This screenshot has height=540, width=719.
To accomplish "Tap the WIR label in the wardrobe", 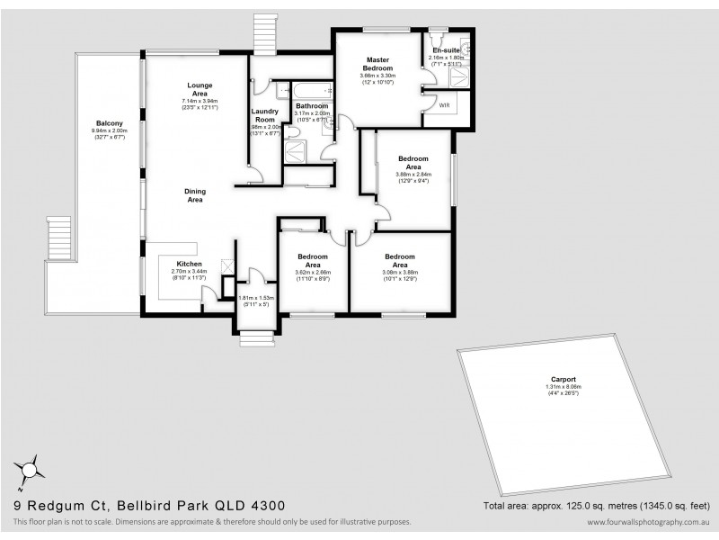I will pos(443,105).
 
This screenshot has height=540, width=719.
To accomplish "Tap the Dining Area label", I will pos(195,195).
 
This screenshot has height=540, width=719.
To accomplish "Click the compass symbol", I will pos(29,470).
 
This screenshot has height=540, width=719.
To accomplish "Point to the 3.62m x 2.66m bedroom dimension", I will pos(313,273).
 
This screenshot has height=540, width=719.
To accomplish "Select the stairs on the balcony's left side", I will pos(58,237).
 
